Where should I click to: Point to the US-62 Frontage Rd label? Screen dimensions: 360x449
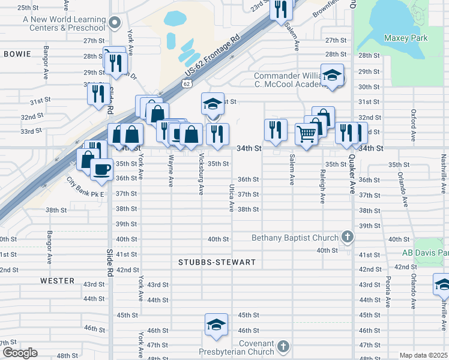tap(212, 55)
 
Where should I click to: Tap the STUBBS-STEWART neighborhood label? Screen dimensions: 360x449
tap(217, 262)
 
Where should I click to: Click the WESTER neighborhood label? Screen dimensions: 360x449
tap(57, 280)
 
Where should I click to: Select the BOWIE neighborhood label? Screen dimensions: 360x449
tap(17, 54)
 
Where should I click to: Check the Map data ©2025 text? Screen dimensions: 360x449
tap(423, 355)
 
